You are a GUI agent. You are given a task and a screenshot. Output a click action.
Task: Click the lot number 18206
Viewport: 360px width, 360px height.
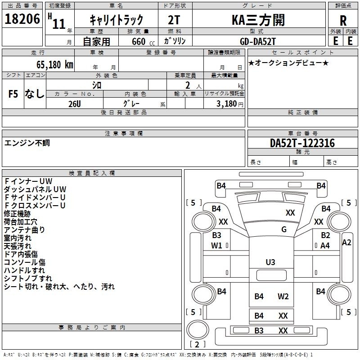[x=22, y=19]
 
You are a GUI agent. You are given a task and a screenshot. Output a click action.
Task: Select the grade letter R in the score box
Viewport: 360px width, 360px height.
[x=343, y=21]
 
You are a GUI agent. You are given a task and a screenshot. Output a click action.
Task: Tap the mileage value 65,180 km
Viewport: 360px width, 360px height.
[x=55, y=64]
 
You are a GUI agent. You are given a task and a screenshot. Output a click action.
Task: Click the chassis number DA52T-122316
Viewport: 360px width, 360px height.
[x=302, y=143]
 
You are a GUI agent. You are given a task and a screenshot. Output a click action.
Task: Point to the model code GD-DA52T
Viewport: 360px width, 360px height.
[x=257, y=41]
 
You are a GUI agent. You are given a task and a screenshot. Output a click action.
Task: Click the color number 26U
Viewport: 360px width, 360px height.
[x=75, y=104]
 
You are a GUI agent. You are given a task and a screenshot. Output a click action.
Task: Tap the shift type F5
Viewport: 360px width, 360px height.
[x=13, y=94]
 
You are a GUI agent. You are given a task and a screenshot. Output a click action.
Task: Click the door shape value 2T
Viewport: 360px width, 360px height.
[x=174, y=20]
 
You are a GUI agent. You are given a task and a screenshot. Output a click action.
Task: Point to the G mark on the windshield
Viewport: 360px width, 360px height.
[x=284, y=229]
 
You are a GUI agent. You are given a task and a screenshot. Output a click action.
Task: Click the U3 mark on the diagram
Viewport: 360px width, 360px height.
[x=270, y=262]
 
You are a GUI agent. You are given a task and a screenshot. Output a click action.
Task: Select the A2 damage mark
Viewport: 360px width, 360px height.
[x=346, y=243]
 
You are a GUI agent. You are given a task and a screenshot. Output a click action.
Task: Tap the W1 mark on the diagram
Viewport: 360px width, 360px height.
[x=216, y=246]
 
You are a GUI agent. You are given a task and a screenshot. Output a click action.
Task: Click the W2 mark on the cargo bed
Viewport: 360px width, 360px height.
[x=283, y=297]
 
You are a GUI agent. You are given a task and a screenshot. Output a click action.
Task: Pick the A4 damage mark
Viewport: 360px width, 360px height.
[x=325, y=246]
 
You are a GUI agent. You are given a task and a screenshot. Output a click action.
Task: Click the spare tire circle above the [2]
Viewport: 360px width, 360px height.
[x=198, y=329]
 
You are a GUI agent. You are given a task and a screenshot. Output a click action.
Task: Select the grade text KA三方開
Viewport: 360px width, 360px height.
[x=258, y=20]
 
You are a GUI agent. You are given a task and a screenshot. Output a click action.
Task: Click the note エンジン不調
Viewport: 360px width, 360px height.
[x=27, y=143]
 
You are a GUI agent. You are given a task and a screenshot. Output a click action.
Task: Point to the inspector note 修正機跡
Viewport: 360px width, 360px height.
[x=17, y=214]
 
